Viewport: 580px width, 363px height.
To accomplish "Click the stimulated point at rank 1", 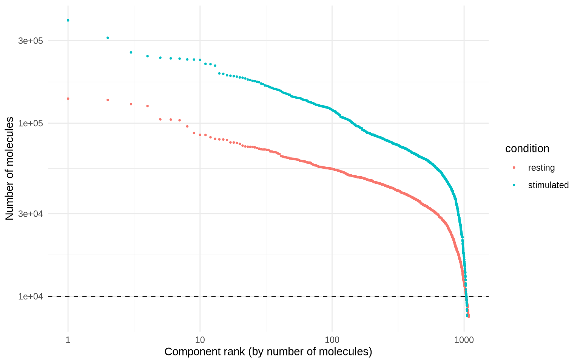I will click(68, 20).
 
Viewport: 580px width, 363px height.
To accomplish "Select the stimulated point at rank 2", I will click(108, 38).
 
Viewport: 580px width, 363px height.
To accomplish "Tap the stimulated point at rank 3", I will click(131, 52).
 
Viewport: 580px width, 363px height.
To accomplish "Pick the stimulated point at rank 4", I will click(148, 56).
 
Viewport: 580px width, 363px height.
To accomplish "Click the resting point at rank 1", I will click(68, 99).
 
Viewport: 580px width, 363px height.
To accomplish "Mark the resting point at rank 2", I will click(108, 100).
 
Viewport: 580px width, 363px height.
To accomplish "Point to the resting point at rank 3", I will click(131, 104).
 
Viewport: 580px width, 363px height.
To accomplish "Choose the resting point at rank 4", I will click(148, 106).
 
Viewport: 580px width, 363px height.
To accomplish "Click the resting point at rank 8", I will click(187, 126).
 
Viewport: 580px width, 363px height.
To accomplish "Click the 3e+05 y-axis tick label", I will click(31, 41).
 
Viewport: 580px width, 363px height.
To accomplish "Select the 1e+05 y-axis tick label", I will click(31, 123).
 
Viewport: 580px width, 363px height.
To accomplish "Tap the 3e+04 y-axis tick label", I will click(31, 214).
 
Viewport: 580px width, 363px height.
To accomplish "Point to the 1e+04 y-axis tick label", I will click(31, 296).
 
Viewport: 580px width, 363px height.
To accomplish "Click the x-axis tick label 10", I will click(200, 340).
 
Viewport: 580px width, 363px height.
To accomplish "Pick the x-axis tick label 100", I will click(332, 340).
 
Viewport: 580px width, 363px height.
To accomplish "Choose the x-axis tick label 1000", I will click(464, 340).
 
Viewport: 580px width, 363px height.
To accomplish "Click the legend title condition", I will click(527, 149).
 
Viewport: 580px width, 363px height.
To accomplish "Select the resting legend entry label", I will click(541, 168).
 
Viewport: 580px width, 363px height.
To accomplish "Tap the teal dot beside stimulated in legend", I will click(514, 185).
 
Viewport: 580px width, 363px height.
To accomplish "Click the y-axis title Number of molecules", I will click(10, 169).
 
